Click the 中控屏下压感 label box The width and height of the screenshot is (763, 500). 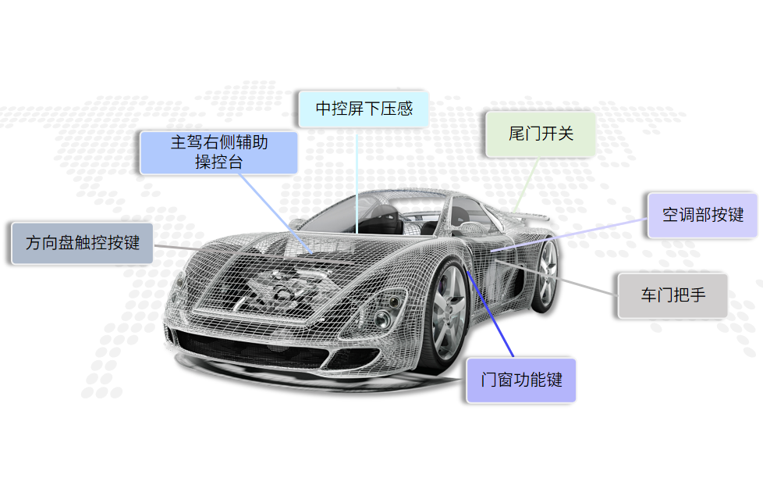point(364,109)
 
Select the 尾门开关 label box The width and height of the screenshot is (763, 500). point(541,134)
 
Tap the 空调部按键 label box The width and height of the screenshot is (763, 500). point(702,215)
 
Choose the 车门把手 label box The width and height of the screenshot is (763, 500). point(673,295)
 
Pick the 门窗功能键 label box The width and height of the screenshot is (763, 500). point(521,380)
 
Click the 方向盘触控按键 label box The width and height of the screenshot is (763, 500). point(82,243)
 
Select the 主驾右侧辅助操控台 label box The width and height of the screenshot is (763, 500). point(218,152)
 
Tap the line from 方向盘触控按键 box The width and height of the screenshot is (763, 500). point(176,248)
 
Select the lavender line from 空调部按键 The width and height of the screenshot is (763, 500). point(577,234)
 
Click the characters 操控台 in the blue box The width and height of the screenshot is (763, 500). point(218,162)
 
